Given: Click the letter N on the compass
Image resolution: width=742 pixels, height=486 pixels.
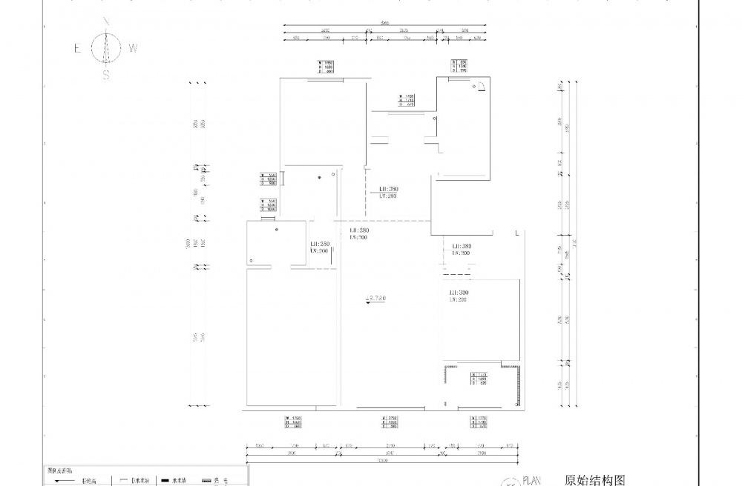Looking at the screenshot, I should coord(106,21).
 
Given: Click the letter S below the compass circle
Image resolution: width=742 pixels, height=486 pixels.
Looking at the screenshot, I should coord(106,75).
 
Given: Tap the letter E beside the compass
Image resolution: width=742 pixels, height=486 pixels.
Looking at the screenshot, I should coord(77,48).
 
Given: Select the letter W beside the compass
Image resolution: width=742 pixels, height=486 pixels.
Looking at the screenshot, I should coord(133,48).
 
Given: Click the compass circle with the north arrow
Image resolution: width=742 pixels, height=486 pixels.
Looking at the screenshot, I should coord(106,49).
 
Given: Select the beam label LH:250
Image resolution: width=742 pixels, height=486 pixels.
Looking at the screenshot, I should coord(320,244).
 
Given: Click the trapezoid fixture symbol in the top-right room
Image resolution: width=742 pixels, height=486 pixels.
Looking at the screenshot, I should coord(480,87).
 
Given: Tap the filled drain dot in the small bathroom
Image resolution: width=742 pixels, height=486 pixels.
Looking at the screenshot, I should coord(319,177).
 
